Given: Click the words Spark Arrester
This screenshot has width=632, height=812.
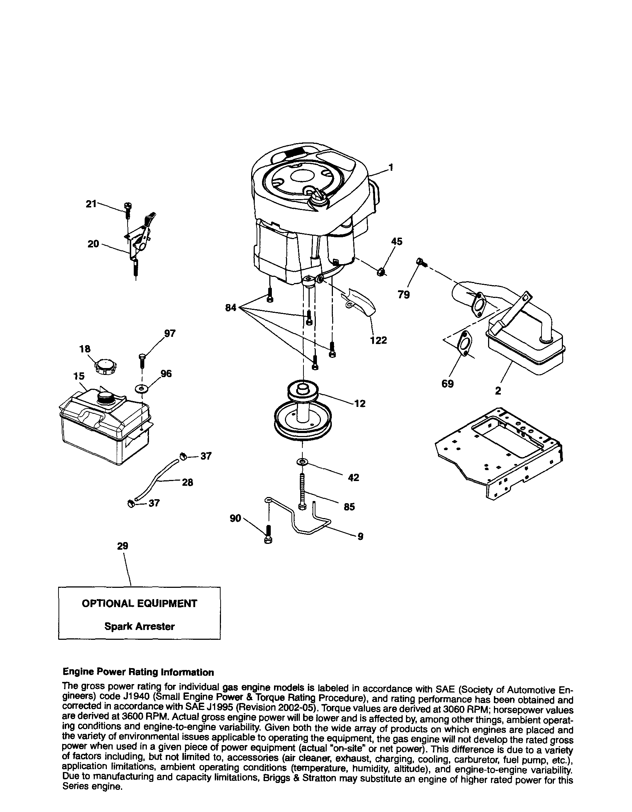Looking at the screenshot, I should [x=140, y=626].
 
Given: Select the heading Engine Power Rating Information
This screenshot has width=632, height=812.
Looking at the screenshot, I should [x=138, y=672].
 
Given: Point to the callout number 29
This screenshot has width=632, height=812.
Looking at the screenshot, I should [x=122, y=546].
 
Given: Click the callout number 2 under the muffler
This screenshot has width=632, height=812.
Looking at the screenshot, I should [x=498, y=391].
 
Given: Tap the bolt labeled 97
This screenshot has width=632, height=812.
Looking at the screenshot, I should [x=142, y=360].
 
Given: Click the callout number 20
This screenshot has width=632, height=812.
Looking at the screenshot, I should [x=93, y=244].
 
